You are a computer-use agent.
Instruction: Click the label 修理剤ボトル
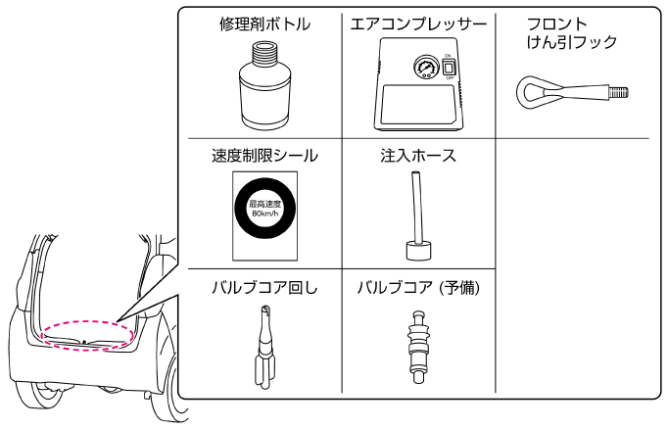pos(264,24)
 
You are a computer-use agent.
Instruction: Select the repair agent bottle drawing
pos(264,86)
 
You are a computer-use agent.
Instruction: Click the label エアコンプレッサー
pos(418,24)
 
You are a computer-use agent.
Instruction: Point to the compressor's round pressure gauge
pos(426,67)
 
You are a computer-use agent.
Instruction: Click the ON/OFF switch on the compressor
pos(448,67)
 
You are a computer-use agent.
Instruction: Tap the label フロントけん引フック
pos(572,32)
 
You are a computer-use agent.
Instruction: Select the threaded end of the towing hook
pos(619,92)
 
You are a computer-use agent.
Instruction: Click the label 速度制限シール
pos(264,156)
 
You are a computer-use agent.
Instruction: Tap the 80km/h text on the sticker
pos(265,214)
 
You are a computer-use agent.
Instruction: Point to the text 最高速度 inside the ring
pos(265,205)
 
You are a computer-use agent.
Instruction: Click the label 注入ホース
pos(418,156)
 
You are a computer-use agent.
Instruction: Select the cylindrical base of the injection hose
pos(418,251)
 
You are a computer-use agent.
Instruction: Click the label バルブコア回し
pos(264,288)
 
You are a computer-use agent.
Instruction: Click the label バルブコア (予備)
pos(418,288)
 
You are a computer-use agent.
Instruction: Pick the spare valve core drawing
pos(418,347)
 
